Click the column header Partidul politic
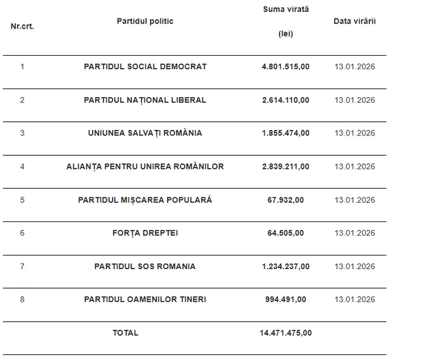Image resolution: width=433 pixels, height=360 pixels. tap(145, 22)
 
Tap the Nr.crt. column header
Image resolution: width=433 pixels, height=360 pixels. tap(22, 27)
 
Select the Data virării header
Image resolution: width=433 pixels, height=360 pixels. tap(354, 22)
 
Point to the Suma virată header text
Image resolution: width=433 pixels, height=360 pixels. tap(285, 9)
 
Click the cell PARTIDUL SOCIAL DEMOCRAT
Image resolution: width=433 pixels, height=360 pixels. tap(145, 67)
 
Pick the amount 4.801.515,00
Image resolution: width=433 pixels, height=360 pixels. tap(285, 67)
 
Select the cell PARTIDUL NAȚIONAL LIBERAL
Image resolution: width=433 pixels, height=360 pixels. tap(145, 100)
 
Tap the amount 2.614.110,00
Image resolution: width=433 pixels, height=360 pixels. tap(285, 100)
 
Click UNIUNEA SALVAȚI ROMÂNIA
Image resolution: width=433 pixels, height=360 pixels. tap(145, 133)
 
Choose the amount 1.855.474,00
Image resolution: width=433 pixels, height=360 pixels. tap(285, 133)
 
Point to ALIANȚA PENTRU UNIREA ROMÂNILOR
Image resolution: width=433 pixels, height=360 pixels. tap(145, 166)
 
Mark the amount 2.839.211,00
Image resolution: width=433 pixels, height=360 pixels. tap(285, 166)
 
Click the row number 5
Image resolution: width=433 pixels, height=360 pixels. tap(22, 200)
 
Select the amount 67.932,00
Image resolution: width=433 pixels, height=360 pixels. tap(285, 200)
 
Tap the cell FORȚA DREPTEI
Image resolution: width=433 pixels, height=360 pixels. tap(145, 233)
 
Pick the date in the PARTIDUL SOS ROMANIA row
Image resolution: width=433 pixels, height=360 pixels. tap(354, 267)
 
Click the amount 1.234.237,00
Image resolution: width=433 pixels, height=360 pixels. tap(285, 267)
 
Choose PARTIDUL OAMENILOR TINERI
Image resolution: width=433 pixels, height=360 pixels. tap(145, 299)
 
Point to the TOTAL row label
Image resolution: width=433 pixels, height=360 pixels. tap(126, 333)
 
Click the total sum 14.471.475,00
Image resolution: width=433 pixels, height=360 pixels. tap(285, 333)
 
